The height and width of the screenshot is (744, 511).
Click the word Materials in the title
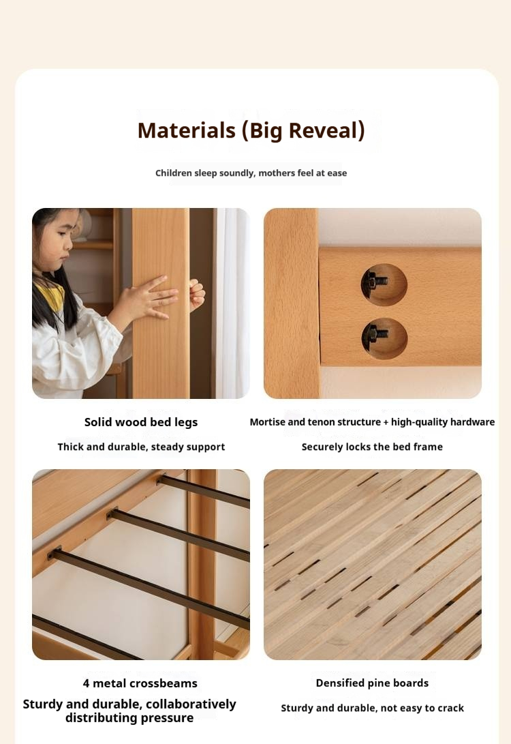pos(186,130)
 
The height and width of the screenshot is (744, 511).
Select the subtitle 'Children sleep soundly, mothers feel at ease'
pos(251,173)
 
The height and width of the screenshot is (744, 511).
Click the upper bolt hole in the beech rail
pos(384,284)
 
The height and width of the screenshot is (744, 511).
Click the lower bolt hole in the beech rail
pos(384,338)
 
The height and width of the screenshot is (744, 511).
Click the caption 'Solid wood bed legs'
pos(141,422)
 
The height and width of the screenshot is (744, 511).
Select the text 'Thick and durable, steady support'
pos(141,447)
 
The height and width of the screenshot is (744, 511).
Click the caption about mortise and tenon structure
pos(372,422)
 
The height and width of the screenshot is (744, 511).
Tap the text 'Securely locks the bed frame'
pos(372,447)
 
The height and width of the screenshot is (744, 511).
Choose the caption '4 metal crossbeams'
pos(140,683)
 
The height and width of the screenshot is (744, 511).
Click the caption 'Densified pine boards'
pos(372,683)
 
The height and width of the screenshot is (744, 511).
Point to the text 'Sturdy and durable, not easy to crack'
pos(372,708)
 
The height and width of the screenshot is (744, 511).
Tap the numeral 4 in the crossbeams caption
pos(87,683)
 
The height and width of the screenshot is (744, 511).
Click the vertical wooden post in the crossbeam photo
pos(202,566)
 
